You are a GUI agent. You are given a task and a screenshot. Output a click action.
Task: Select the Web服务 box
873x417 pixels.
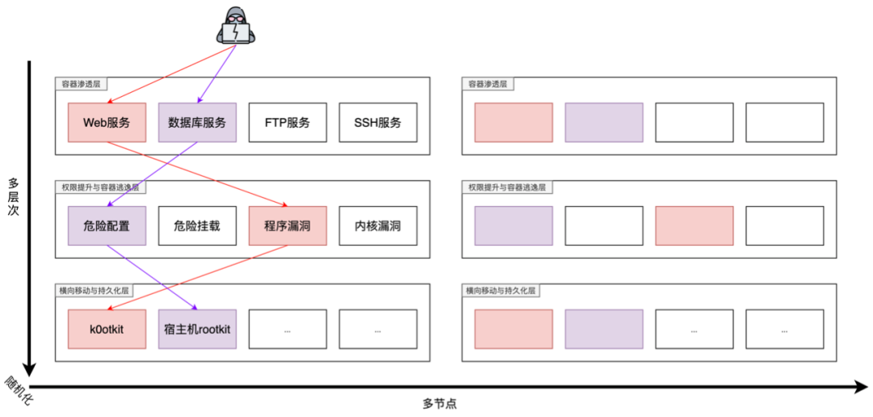[x=107, y=123]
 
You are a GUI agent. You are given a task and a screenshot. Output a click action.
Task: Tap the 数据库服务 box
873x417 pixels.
[x=197, y=123]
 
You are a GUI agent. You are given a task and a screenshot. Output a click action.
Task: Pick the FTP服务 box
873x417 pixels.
[x=287, y=123]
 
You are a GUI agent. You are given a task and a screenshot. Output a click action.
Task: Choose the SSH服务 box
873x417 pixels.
[x=377, y=123]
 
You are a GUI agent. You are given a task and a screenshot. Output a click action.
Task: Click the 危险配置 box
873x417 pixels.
[x=107, y=226]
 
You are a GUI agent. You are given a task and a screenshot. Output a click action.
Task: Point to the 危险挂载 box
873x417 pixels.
[x=197, y=226]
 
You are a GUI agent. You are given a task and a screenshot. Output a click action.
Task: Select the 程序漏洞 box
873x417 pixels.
[x=287, y=226]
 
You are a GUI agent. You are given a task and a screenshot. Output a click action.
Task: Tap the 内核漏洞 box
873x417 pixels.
[x=377, y=226]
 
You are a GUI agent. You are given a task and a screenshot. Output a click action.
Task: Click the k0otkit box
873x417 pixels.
[x=107, y=330]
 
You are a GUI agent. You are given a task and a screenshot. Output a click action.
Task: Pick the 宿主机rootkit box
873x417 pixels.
[x=197, y=330]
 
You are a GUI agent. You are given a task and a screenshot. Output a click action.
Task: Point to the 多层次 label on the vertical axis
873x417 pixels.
[x=14, y=197]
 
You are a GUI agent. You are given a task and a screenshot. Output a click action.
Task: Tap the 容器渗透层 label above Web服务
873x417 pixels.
[x=81, y=83]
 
